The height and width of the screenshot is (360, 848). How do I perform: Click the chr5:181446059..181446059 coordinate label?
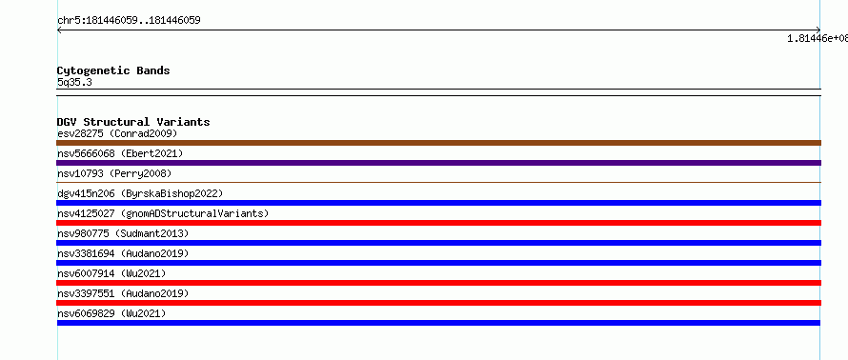(x=129, y=21)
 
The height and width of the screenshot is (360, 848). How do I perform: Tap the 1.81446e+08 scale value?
(x=818, y=38)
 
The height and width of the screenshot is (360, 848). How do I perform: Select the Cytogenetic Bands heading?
(x=113, y=70)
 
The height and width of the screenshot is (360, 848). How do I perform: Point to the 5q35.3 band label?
(x=74, y=82)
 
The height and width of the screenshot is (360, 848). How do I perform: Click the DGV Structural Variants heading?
(x=133, y=122)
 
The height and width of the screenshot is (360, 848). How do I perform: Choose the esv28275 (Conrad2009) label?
(x=117, y=133)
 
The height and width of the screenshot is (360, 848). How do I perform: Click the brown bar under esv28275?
(x=438, y=143)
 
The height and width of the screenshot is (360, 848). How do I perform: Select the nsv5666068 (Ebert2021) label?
(x=120, y=153)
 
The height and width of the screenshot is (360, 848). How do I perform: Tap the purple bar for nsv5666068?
(x=438, y=163)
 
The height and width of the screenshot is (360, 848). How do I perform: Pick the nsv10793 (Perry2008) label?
(x=114, y=173)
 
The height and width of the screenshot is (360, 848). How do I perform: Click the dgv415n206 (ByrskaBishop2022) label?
(x=140, y=193)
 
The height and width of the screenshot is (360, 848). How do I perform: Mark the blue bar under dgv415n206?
(x=438, y=203)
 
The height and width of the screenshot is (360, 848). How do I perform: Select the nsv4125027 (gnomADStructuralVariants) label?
(x=163, y=213)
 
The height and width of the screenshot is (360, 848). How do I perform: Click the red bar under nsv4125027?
(x=438, y=223)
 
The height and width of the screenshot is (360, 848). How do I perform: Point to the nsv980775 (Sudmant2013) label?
(x=123, y=233)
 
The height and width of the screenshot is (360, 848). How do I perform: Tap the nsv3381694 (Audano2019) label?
(x=123, y=253)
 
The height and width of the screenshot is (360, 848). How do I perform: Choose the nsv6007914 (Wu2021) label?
(x=111, y=273)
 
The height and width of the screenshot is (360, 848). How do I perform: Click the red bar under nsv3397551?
(x=438, y=303)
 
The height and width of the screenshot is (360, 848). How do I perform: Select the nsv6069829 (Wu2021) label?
(x=111, y=313)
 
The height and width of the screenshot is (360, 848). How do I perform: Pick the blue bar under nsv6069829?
(x=438, y=323)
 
